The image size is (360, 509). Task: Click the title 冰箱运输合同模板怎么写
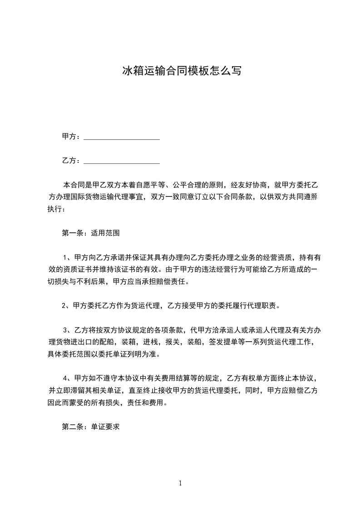tap(180, 71)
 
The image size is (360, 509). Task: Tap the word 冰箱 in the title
tap(131, 71)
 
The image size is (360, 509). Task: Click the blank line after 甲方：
tap(122, 137)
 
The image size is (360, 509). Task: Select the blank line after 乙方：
tap(122, 161)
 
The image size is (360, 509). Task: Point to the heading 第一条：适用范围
tap(90, 233)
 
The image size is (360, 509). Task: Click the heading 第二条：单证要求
tap(90, 427)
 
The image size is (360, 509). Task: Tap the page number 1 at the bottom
tap(180, 483)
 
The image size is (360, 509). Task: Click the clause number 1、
tap(67, 257)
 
